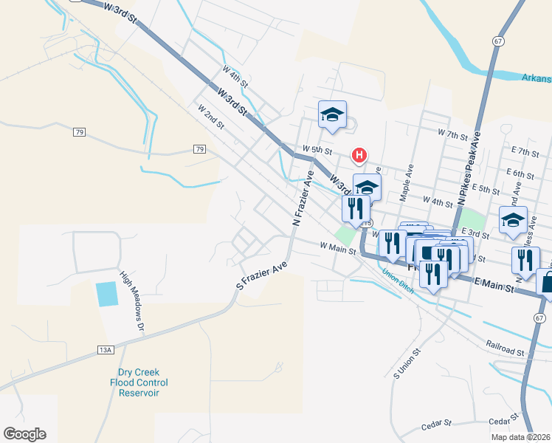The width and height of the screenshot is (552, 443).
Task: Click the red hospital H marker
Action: [359, 155]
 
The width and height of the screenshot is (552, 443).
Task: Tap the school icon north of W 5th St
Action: [332, 114]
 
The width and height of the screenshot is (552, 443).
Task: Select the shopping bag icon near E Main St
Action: [548, 281]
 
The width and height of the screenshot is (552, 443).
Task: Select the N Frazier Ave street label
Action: [303, 198]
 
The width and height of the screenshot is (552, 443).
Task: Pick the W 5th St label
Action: [317, 149]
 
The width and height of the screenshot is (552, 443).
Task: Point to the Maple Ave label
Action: [405, 183]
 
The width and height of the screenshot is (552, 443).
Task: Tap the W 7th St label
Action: [453, 134]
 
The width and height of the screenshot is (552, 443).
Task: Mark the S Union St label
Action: [407, 362]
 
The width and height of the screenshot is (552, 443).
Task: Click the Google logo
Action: [24, 433]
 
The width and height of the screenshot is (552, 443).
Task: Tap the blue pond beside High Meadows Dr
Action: [106, 294]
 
